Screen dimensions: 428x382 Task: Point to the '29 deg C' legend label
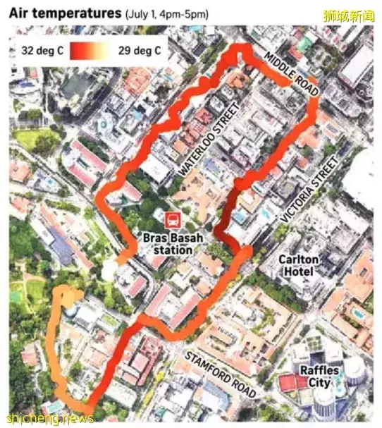coord(139,50)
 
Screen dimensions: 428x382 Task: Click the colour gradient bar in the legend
coord(89,50)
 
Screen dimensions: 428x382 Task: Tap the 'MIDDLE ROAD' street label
coord(290,73)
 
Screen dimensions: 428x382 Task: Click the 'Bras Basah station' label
coord(173,243)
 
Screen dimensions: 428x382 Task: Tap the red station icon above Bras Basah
coord(172,219)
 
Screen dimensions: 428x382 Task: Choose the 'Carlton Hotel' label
coord(299,265)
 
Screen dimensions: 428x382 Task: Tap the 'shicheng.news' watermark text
coord(48,418)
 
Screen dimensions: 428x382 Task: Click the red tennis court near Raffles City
coord(289,382)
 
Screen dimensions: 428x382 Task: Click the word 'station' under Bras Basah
coord(173,250)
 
